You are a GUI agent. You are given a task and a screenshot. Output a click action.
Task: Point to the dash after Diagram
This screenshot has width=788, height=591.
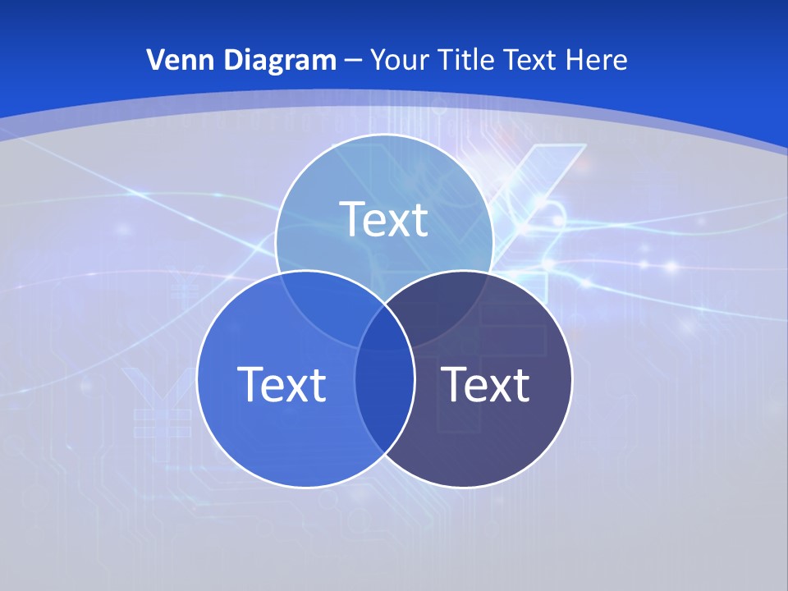[x=353, y=61]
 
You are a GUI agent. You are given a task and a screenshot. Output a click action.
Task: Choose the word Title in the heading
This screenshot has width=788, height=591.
[x=465, y=60]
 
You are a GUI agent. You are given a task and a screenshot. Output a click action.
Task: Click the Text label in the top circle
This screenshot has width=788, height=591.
[x=384, y=219]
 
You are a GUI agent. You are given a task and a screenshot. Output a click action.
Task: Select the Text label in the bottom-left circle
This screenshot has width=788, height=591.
[x=282, y=383]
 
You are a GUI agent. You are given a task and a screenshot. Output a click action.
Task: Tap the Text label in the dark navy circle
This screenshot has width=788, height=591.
[x=485, y=383]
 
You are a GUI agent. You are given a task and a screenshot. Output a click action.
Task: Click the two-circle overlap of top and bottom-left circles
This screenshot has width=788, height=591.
[x=324, y=304]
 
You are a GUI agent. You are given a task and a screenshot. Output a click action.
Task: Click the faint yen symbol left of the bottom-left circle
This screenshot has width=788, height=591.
[x=151, y=394]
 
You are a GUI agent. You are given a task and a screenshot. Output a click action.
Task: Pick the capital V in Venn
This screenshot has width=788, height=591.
[x=155, y=60]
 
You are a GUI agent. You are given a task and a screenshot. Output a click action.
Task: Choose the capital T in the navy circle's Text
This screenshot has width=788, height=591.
[x=453, y=383]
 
